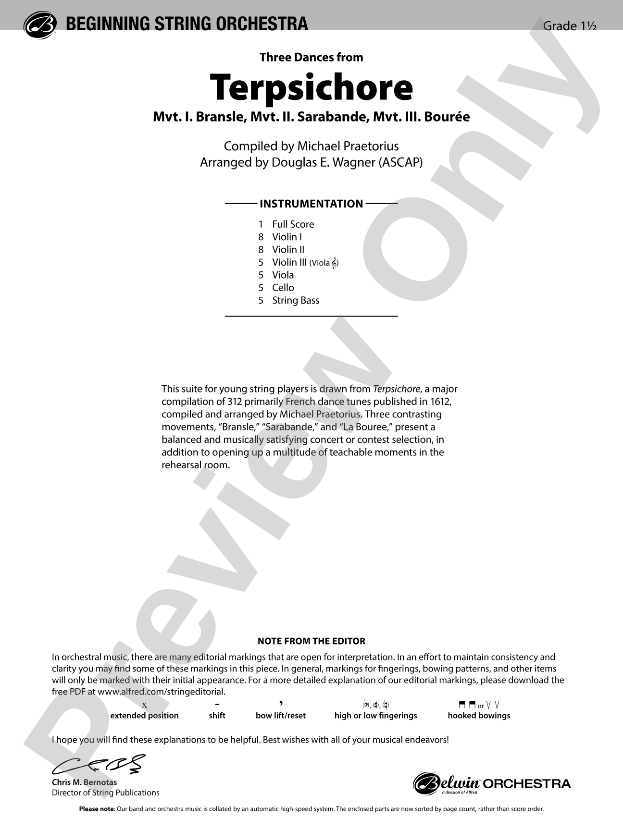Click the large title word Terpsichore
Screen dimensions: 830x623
311,87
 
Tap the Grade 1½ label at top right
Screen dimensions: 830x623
569,26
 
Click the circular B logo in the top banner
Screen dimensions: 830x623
40,24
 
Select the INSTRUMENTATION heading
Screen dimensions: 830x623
311,204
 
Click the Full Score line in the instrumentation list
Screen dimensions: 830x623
292,224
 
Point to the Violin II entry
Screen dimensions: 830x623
288,250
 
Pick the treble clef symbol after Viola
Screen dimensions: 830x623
335,263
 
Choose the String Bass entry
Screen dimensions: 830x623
295,301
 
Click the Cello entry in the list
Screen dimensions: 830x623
283,288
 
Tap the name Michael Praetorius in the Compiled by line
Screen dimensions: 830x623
348,146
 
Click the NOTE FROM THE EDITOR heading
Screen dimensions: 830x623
311,641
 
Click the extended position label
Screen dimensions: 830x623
144,716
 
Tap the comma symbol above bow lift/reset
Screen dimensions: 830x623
281,704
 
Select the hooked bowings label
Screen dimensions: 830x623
479,716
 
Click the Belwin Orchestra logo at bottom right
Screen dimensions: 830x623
491,783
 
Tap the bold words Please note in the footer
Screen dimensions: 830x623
96,809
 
